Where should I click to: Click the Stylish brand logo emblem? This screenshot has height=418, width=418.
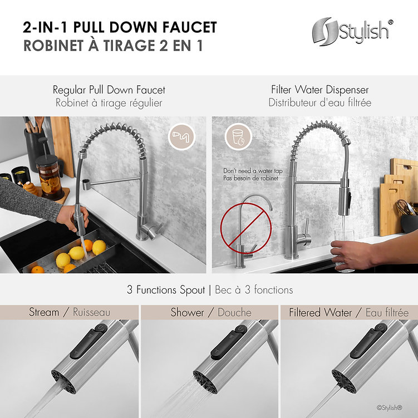click(326, 32)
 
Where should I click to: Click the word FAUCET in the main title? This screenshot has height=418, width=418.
click(190, 27)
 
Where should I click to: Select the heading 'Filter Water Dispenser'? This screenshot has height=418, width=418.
click(319, 90)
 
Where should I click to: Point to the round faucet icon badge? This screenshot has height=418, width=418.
click(181, 137)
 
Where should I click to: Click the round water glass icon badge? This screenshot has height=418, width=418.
click(238, 137)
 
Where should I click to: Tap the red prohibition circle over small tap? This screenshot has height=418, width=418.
click(246, 228)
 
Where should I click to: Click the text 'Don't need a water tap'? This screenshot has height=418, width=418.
click(253, 171)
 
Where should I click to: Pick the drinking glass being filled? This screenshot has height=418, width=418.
click(344, 249)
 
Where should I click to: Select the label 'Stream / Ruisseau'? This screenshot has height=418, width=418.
click(70, 312)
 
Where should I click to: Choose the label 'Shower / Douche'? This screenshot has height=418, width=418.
click(210, 312)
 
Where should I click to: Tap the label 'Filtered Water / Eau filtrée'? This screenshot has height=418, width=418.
click(348, 312)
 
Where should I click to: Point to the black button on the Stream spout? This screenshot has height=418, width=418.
click(88, 342)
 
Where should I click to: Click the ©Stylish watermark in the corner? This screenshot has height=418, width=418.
click(389, 407)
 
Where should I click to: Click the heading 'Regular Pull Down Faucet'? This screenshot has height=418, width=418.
click(109, 90)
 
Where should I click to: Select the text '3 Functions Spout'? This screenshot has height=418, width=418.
click(166, 290)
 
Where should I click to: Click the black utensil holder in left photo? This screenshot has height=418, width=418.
click(34, 149)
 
